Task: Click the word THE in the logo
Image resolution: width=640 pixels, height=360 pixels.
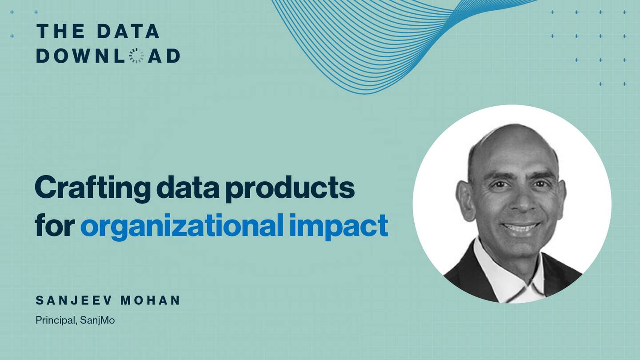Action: click(x=60, y=31)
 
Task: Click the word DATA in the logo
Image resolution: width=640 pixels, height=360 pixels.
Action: click(x=128, y=31)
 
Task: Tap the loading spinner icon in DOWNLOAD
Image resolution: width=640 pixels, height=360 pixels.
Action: click(x=136, y=56)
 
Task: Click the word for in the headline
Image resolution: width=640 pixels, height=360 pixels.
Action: click(x=55, y=226)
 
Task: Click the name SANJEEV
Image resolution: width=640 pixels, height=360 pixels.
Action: click(x=73, y=300)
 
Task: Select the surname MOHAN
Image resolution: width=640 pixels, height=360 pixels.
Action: click(x=151, y=300)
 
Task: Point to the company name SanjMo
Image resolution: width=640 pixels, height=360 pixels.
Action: click(x=97, y=320)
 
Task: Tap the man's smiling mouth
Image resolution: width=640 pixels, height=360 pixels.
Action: click(x=520, y=228)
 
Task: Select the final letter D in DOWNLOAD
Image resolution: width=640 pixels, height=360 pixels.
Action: click(x=173, y=56)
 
